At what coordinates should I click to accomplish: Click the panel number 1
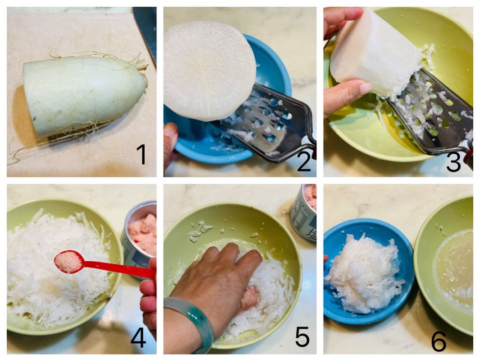tap(142, 154)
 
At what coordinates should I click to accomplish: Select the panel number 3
tap(453, 162)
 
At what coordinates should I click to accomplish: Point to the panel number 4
tap(138, 337)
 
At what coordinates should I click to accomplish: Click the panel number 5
tap(302, 336)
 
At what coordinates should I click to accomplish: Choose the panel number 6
tap(439, 341)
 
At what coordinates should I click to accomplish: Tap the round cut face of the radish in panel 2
tap(210, 70)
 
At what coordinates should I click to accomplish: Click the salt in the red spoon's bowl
tap(68, 261)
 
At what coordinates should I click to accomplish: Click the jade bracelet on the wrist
tap(190, 323)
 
